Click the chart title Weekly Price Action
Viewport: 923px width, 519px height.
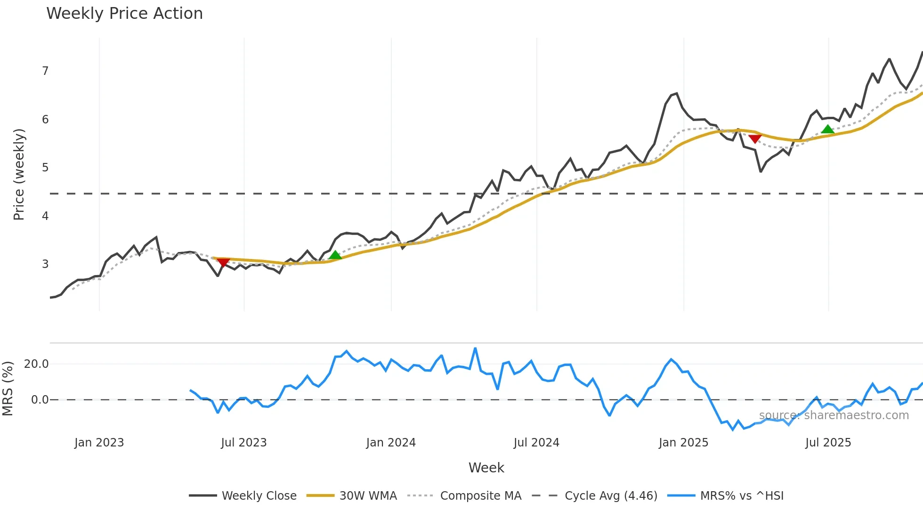pyautogui.click(x=124, y=14)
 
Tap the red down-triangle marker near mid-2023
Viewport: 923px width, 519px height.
pyautogui.click(x=223, y=262)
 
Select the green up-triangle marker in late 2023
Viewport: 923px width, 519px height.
pyautogui.click(x=335, y=255)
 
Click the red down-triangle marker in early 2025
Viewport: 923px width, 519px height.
pyautogui.click(x=755, y=138)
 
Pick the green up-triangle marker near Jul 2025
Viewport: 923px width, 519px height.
pyautogui.click(x=827, y=129)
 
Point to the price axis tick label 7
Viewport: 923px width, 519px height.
pyautogui.click(x=45, y=71)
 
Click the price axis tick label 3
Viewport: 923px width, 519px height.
pyautogui.click(x=45, y=264)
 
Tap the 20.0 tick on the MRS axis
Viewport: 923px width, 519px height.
pyautogui.click(x=36, y=364)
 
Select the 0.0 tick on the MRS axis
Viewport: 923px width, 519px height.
pyautogui.click(x=40, y=400)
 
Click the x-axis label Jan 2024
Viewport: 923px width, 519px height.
pyautogui.click(x=391, y=443)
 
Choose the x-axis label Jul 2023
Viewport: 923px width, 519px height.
pyautogui.click(x=243, y=443)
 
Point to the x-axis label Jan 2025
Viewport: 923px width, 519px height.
pyautogui.click(x=683, y=443)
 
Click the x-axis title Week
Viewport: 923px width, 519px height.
pyautogui.click(x=486, y=468)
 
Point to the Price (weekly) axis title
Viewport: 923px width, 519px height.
pyautogui.click(x=19, y=174)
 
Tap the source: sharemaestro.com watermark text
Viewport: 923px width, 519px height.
pyautogui.click(x=834, y=415)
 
